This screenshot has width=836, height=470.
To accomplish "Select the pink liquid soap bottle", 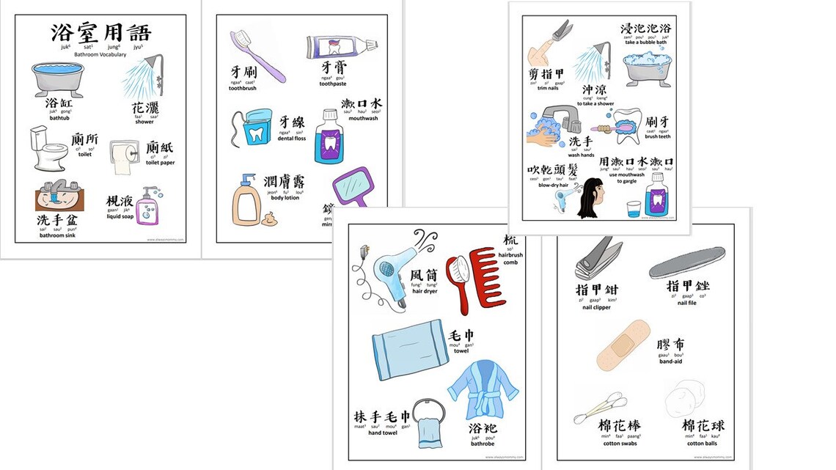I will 150,205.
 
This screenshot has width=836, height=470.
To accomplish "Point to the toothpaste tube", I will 341,48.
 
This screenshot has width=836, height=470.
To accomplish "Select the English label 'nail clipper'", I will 596,308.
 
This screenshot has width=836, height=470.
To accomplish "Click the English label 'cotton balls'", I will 702,444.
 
